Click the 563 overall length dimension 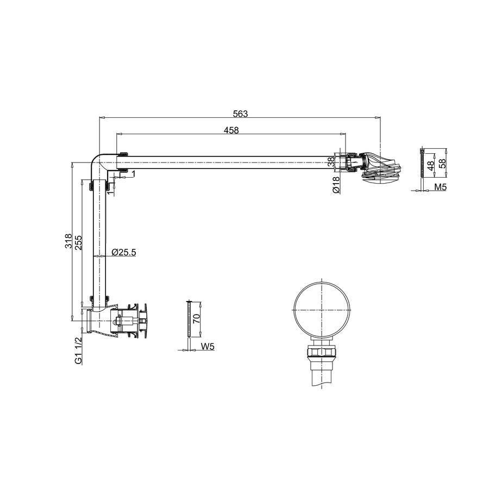pos(240,114)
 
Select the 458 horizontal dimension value pos(231,130)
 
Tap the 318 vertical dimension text pos(68,241)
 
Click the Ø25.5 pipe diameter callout pos(123,252)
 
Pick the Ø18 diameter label pos(336,185)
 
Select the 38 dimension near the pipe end pos(331,161)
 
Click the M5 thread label pos(441,187)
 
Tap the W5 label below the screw pos(208,347)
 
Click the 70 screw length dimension pos(196,319)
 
